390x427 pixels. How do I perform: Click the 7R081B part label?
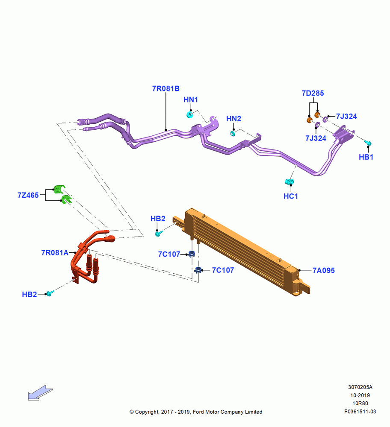(x=166, y=88)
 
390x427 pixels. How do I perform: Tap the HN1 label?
(x=191, y=99)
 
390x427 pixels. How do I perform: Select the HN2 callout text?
(x=234, y=119)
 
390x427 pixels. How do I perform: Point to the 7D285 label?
(x=313, y=93)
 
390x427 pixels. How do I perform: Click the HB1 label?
(x=366, y=157)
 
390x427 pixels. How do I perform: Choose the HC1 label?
(x=291, y=196)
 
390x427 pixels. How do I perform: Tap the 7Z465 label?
(x=28, y=195)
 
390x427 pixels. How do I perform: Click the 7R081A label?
(x=55, y=253)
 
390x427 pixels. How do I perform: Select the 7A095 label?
(x=324, y=270)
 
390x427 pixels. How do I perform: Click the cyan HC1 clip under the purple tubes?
(x=290, y=181)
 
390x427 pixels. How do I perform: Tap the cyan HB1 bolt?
(x=368, y=143)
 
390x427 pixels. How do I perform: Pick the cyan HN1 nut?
(x=190, y=114)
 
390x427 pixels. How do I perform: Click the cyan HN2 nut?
(x=233, y=133)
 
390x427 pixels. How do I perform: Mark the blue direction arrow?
(x=40, y=393)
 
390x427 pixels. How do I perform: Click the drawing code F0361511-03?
(x=360, y=412)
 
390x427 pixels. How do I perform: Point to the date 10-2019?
(x=360, y=395)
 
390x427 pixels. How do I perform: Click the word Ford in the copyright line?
(x=198, y=412)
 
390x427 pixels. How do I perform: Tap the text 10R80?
(x=360, y=404)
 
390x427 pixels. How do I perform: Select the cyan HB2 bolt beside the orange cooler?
(x=159, y=234)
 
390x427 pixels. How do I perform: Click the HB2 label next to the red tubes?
(x=30, y=294)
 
